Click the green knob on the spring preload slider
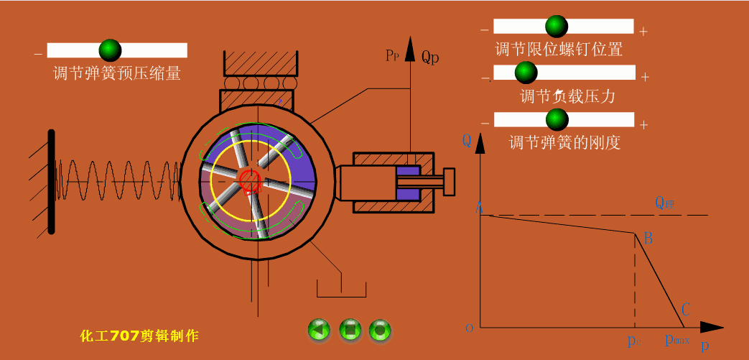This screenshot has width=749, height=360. click(x=109, y=50)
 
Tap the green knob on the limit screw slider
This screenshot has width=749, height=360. click(x=556, y=26)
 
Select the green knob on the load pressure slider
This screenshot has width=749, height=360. click(x=526, y=72)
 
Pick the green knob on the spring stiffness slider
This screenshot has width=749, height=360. click(x=556, y=119)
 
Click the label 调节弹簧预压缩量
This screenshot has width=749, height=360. click(x=116, y=73)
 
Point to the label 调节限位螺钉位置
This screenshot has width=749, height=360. click(x=559, y=50)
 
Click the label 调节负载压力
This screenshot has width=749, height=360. click(x=567, y=96)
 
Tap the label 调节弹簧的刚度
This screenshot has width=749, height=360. click(x=564, y=142)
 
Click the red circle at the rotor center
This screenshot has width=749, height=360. click(x=250, y=180)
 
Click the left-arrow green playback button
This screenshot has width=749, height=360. click(x=319, y=330)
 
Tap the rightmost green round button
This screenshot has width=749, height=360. click(x=380, y=330)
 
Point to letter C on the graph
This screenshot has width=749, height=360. click(x=686, y=310)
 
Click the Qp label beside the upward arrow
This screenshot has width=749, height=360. click(x=430, y=56)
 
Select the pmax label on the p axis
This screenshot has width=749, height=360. click(x=676, y=339)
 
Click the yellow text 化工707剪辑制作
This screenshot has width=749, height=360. click(x=139, y=335)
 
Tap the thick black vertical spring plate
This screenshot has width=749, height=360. click(x=51, y=181)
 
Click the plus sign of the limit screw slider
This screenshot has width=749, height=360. click(x=643, y=31)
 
